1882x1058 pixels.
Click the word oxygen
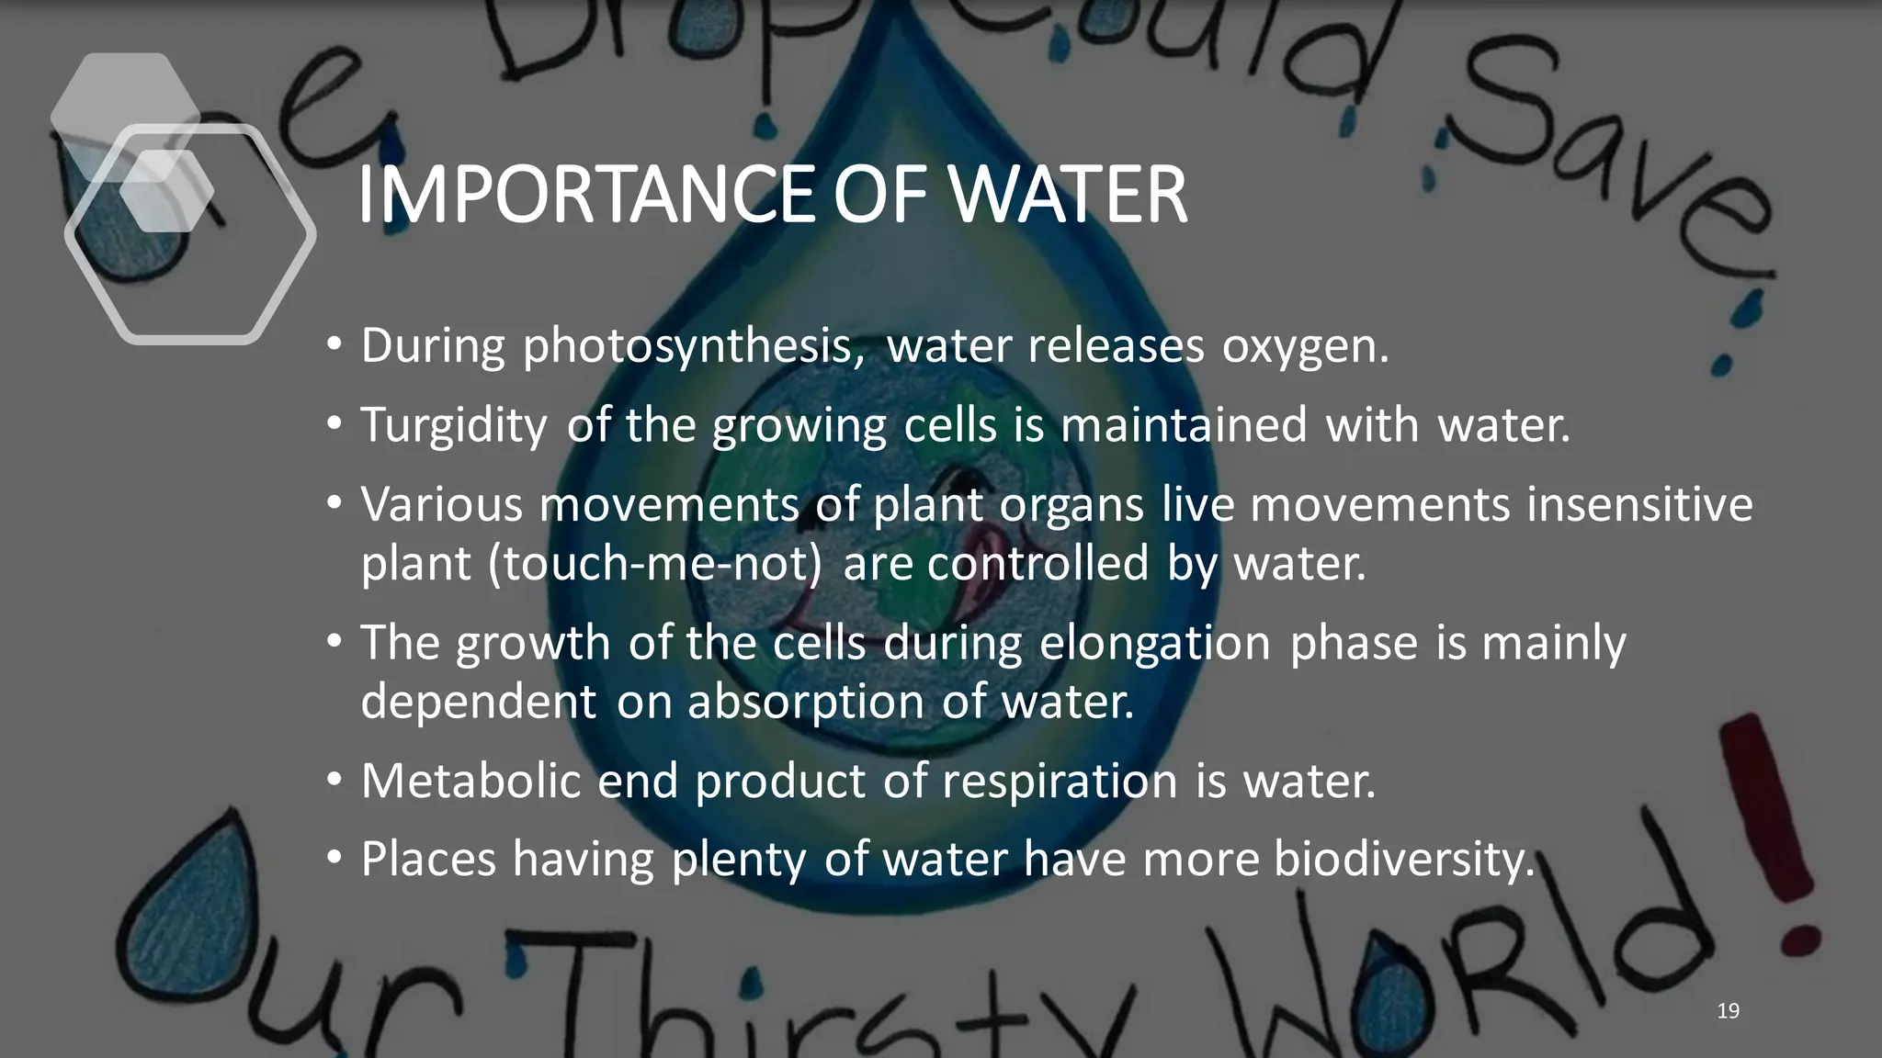point(1304,347)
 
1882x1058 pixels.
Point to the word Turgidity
point(454,426)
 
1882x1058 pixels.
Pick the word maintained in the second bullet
point(1183,425)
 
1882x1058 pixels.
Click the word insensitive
point(1639,504)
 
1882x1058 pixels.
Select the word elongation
point(1155,642)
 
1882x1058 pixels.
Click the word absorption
point(806,702)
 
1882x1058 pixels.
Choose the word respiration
point(1060,782)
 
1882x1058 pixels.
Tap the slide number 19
point(1728,1011)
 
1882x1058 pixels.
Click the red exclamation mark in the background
point(1774,827)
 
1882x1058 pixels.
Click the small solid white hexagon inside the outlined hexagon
point(166,191)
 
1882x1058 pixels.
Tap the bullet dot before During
point(334,346)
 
